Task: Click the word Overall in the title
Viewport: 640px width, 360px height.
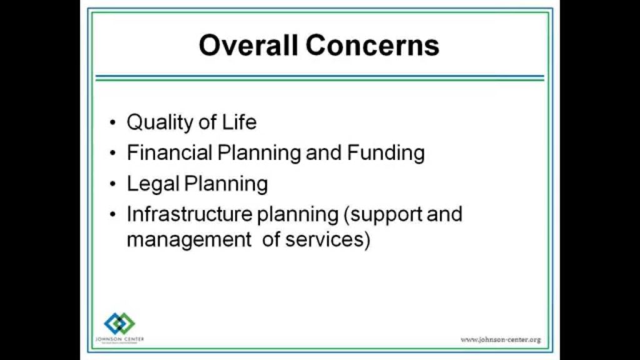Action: coord(239,46)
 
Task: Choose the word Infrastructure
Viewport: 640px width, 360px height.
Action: coord(189,214)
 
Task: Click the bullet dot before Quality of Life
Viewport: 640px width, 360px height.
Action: coord(112,123)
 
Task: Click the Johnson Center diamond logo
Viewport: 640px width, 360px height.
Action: coord(119,323)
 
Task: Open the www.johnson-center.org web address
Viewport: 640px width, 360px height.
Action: coord(501,339)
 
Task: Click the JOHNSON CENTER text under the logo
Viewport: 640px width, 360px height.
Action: coord(119,339)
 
